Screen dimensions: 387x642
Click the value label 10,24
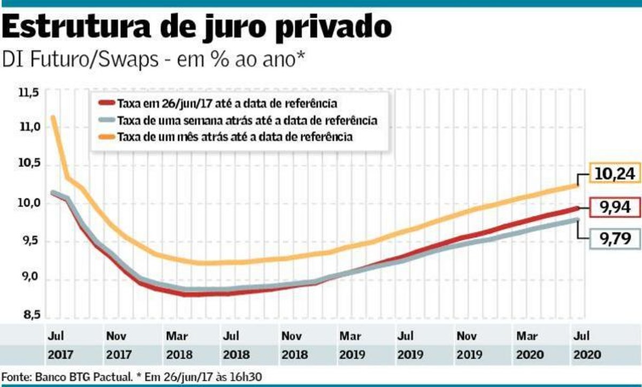point(614,174)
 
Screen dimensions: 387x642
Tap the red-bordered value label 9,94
point(614,208)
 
